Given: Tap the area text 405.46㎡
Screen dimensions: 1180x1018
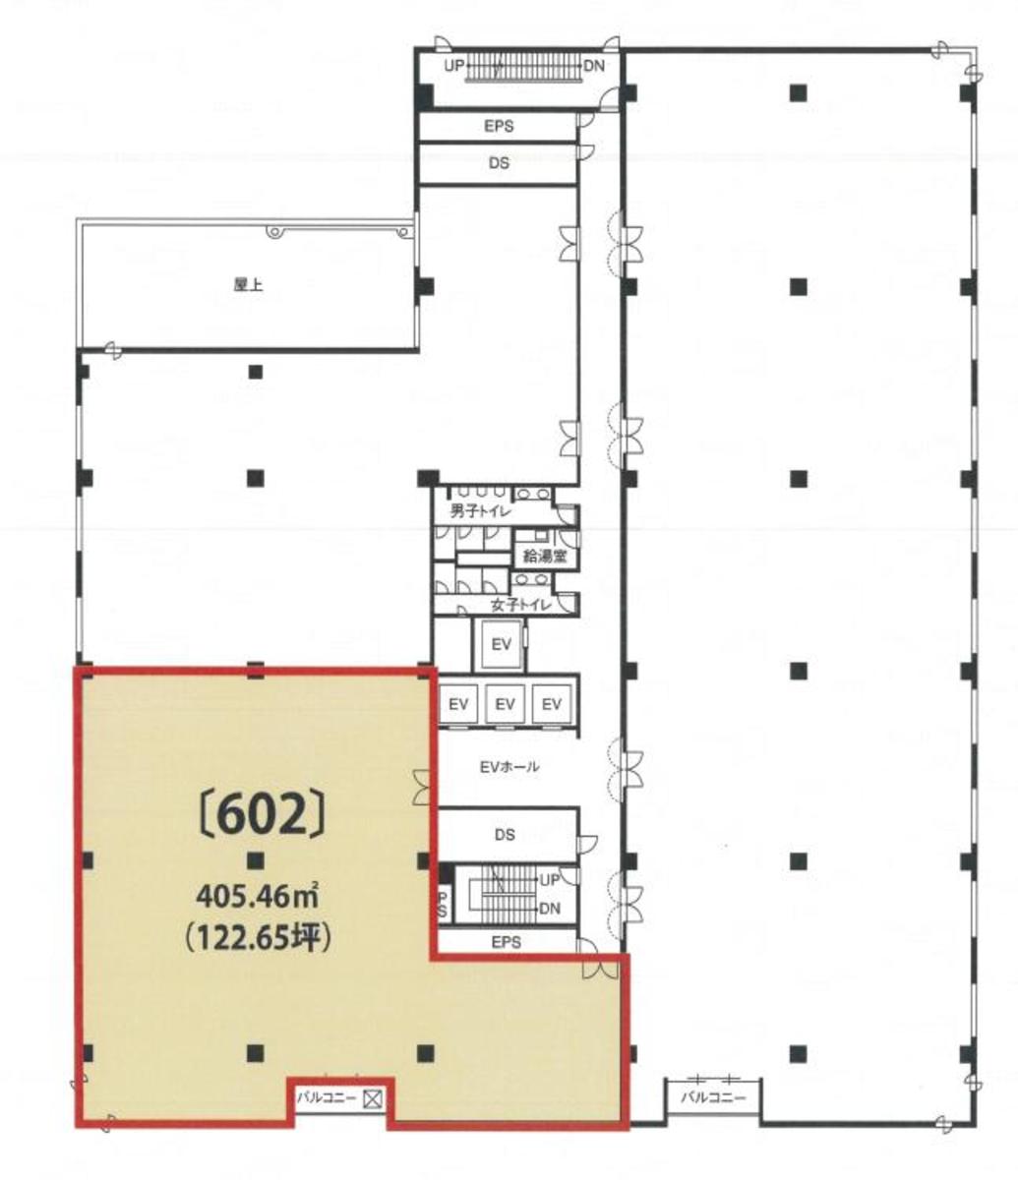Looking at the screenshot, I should point(262,897).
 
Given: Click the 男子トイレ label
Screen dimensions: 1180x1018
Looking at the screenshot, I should point(481,510).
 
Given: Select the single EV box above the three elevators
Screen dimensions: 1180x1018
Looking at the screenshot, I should point(502,645).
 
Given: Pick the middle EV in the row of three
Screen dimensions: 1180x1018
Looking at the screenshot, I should point(506,704).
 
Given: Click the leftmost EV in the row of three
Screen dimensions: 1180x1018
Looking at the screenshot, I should point(459,704).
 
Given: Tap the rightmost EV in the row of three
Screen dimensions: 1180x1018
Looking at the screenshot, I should point(551,704).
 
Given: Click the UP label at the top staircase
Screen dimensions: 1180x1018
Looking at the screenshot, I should point(453,66).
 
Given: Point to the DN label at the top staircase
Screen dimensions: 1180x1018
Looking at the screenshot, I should point(594,66).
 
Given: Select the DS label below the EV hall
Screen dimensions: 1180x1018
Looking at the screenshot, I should point(505,836).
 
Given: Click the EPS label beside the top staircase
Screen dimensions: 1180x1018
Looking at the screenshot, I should point(499,127).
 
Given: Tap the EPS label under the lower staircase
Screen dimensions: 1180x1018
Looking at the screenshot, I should point(506,942).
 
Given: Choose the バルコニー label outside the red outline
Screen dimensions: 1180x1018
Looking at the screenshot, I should point(713,1096).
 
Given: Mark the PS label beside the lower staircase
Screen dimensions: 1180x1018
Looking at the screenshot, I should point(443,904).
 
